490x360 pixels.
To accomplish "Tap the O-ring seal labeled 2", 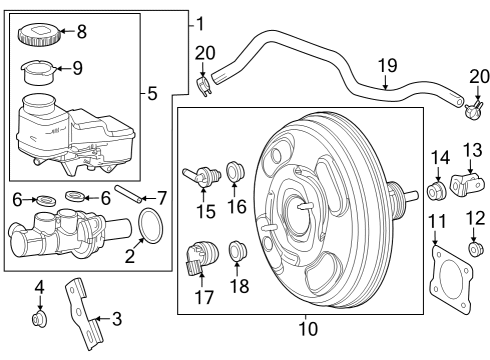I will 150,227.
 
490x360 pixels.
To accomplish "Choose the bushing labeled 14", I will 436,190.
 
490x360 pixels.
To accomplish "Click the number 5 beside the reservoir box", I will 152,94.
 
